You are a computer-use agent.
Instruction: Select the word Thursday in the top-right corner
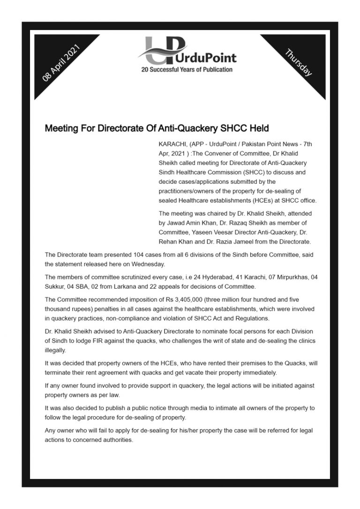[298, 62]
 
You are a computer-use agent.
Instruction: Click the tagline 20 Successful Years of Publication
[187, 70]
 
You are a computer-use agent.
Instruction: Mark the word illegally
[56, 350]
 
